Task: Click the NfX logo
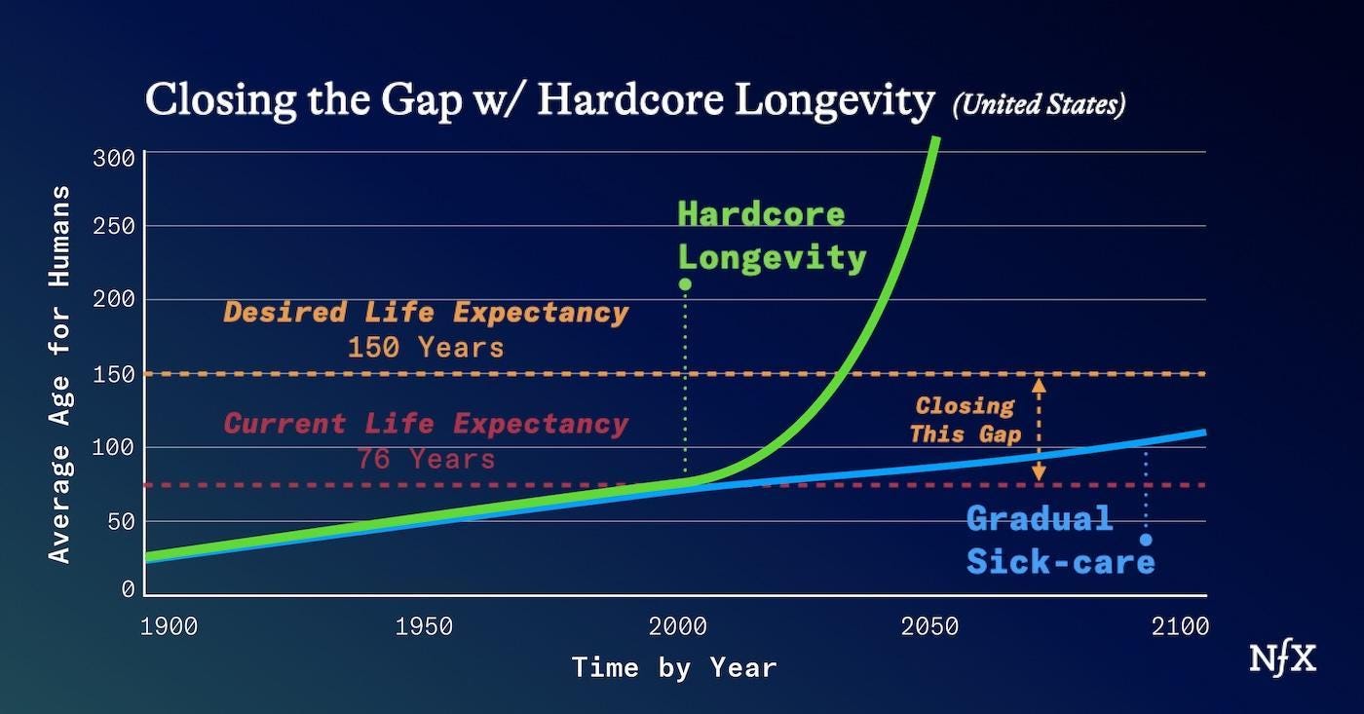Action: point(1282,659)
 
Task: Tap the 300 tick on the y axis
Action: point(113,159)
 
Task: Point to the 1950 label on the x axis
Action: point(424,625)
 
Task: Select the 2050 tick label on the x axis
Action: point(929,625)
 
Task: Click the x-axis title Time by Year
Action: point(674,668)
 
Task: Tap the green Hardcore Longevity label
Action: point(772,236)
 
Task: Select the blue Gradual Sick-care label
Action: point(1060,540)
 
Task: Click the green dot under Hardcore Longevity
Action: point(685,284)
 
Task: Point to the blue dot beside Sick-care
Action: point(1146,540)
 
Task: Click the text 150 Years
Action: point(426,348)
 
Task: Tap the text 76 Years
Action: point(426,458)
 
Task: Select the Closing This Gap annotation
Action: point(965,420)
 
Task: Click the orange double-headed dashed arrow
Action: point(1039,429)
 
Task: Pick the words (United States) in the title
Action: point(1039,104)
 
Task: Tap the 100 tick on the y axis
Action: point(113,448)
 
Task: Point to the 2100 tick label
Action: point(1179,625)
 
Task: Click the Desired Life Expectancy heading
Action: point(426,313)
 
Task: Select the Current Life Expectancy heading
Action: point(426,425)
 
